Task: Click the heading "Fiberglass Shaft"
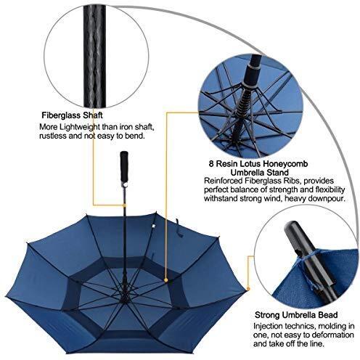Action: click(x=72, y=115)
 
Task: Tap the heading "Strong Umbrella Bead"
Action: click(x=296, y=315)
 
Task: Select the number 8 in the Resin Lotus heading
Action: click(x=211, y=164)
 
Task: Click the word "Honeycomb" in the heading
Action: click(x=285, y=164)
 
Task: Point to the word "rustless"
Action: click(x=53, y=136)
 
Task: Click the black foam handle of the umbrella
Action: click(x=124, y=168)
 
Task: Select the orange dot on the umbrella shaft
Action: click(x=124, y=205)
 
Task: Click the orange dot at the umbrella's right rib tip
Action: click(x=248, y=289)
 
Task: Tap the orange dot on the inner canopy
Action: click(x=166, y=280)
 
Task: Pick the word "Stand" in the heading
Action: click(x=278, y=173)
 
